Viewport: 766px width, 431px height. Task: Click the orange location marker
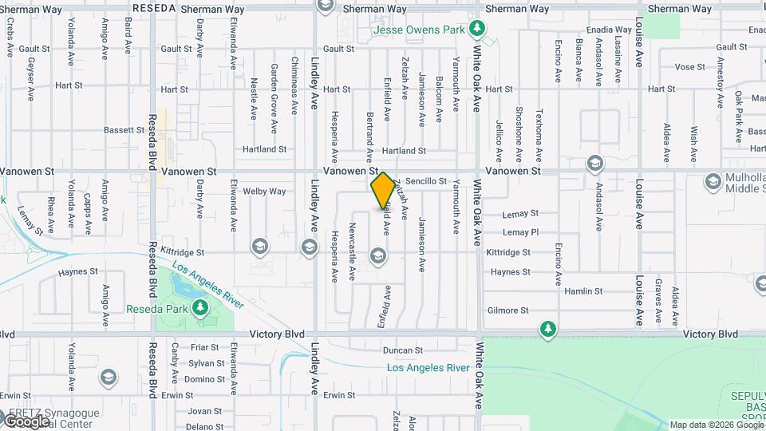click(383, 191)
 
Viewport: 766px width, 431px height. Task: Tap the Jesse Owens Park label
click(421, 30)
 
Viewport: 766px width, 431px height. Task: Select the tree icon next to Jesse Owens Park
click(477, 30)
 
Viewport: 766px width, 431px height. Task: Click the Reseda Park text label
click(156, 308)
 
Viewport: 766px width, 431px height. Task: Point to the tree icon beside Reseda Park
click(201, 308)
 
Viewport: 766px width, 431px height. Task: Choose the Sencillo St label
click(425, 182)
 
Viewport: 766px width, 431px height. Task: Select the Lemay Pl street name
click(520, 232)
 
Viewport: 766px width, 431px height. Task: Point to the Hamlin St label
click(581, 292)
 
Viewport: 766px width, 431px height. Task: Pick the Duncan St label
click(402, 350)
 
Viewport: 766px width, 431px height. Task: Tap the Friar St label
click(204, 347)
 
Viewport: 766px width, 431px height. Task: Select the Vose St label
click(685, 67)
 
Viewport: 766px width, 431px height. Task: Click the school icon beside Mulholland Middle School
click(713, 182)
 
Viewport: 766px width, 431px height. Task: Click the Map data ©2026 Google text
click(716, 425)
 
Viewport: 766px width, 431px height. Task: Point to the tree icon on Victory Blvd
click(547, 329)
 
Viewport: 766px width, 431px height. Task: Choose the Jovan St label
click(205, 411)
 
